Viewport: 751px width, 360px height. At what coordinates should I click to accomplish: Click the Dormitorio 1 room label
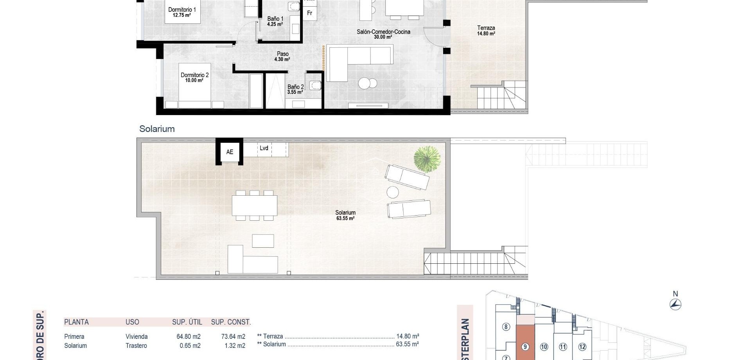click(x=182, y=12)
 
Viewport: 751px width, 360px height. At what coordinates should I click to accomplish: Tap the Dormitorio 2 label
click(x=194, y=77)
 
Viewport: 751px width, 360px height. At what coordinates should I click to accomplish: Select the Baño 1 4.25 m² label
click(x=275, y=21)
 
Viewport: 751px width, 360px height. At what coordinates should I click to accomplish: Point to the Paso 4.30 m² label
click(x=282, y=57)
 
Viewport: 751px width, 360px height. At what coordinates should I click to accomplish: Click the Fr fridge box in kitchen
click(x=309, y=13)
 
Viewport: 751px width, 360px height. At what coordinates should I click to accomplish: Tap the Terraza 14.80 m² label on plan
click(x=486, y=31)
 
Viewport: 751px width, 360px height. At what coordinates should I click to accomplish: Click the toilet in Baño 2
click(x=315, y=85)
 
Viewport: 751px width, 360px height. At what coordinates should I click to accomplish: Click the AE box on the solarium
click(x=230, y=152)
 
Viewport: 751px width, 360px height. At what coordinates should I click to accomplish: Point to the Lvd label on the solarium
click(x=264, y=148)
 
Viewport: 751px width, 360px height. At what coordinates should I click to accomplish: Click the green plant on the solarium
click(x=427, y=158)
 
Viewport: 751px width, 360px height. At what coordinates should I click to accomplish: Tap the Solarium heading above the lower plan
click(x=157, y=129)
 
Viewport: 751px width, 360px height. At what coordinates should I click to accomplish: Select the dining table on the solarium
click(x=255, y=205)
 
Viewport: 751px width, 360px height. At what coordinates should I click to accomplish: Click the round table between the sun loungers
click(x=392, y=192)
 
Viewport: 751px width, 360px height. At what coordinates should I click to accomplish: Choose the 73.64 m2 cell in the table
click(x=233, y=337)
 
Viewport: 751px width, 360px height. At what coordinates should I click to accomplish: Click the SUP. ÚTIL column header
click(x=187, y=322)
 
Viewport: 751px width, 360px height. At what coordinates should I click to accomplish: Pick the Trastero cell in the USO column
click(x=136, y=346)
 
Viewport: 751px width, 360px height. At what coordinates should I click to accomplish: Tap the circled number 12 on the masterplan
click(x=582, y=347)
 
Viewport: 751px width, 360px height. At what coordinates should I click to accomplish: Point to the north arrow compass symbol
click(x=676, y=304)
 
